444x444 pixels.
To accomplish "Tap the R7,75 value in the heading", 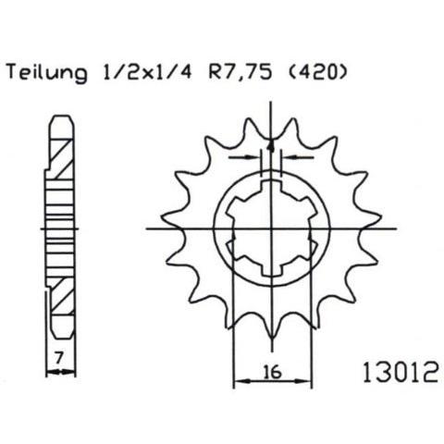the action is point(240,73).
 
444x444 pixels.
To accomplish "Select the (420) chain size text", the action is point(316,73).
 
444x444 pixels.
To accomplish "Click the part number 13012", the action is point(401,372).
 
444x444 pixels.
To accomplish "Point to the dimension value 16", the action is point(273,371).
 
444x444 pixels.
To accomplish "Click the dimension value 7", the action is point(58,358).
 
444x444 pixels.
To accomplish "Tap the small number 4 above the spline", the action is point(271,145).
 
